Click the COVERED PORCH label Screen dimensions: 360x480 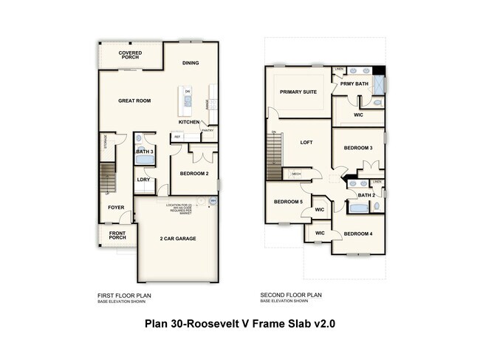pyautogui.click(x=131, y=55)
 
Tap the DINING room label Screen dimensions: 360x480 pyautogui.click(x=191, y=64)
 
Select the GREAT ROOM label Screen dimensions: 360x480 pyautogui.click(x=134, y=101)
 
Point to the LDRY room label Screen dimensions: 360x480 pyautogui.click(x=144, y=179)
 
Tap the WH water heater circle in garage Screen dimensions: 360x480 pyautogui.click(x=213, y=200)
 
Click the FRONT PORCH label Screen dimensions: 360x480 pyautogui.click(x=117, y=237)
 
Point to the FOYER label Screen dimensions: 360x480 pyautogui.click(x=115, y=208)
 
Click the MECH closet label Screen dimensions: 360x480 pyautogui.click(x=296, y=174)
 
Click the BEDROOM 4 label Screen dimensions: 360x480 pyautogui.click(x=357, y=234)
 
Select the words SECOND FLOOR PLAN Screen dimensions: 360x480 pyautogui.click(x=290, y=294)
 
